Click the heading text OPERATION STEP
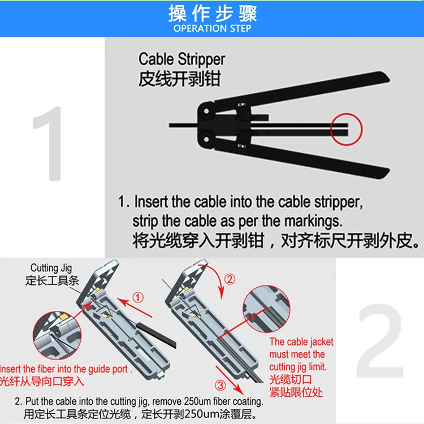click(212, 28)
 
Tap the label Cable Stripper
click(181, 59)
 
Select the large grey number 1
click(49, 144)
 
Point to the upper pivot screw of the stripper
click(206, 111)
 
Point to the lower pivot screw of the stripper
click(206, 139)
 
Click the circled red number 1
click(138, 297)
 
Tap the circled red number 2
click(230, 279)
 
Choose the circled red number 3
click(220, 385)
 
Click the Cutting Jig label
click(51, 268)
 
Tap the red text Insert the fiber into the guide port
click(65, 369)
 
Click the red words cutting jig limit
click(298, 367)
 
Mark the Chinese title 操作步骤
click(212, 14)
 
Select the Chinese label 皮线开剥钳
click(180, 79)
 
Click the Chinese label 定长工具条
click(52, 280)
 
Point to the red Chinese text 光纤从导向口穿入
click(42, 381)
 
